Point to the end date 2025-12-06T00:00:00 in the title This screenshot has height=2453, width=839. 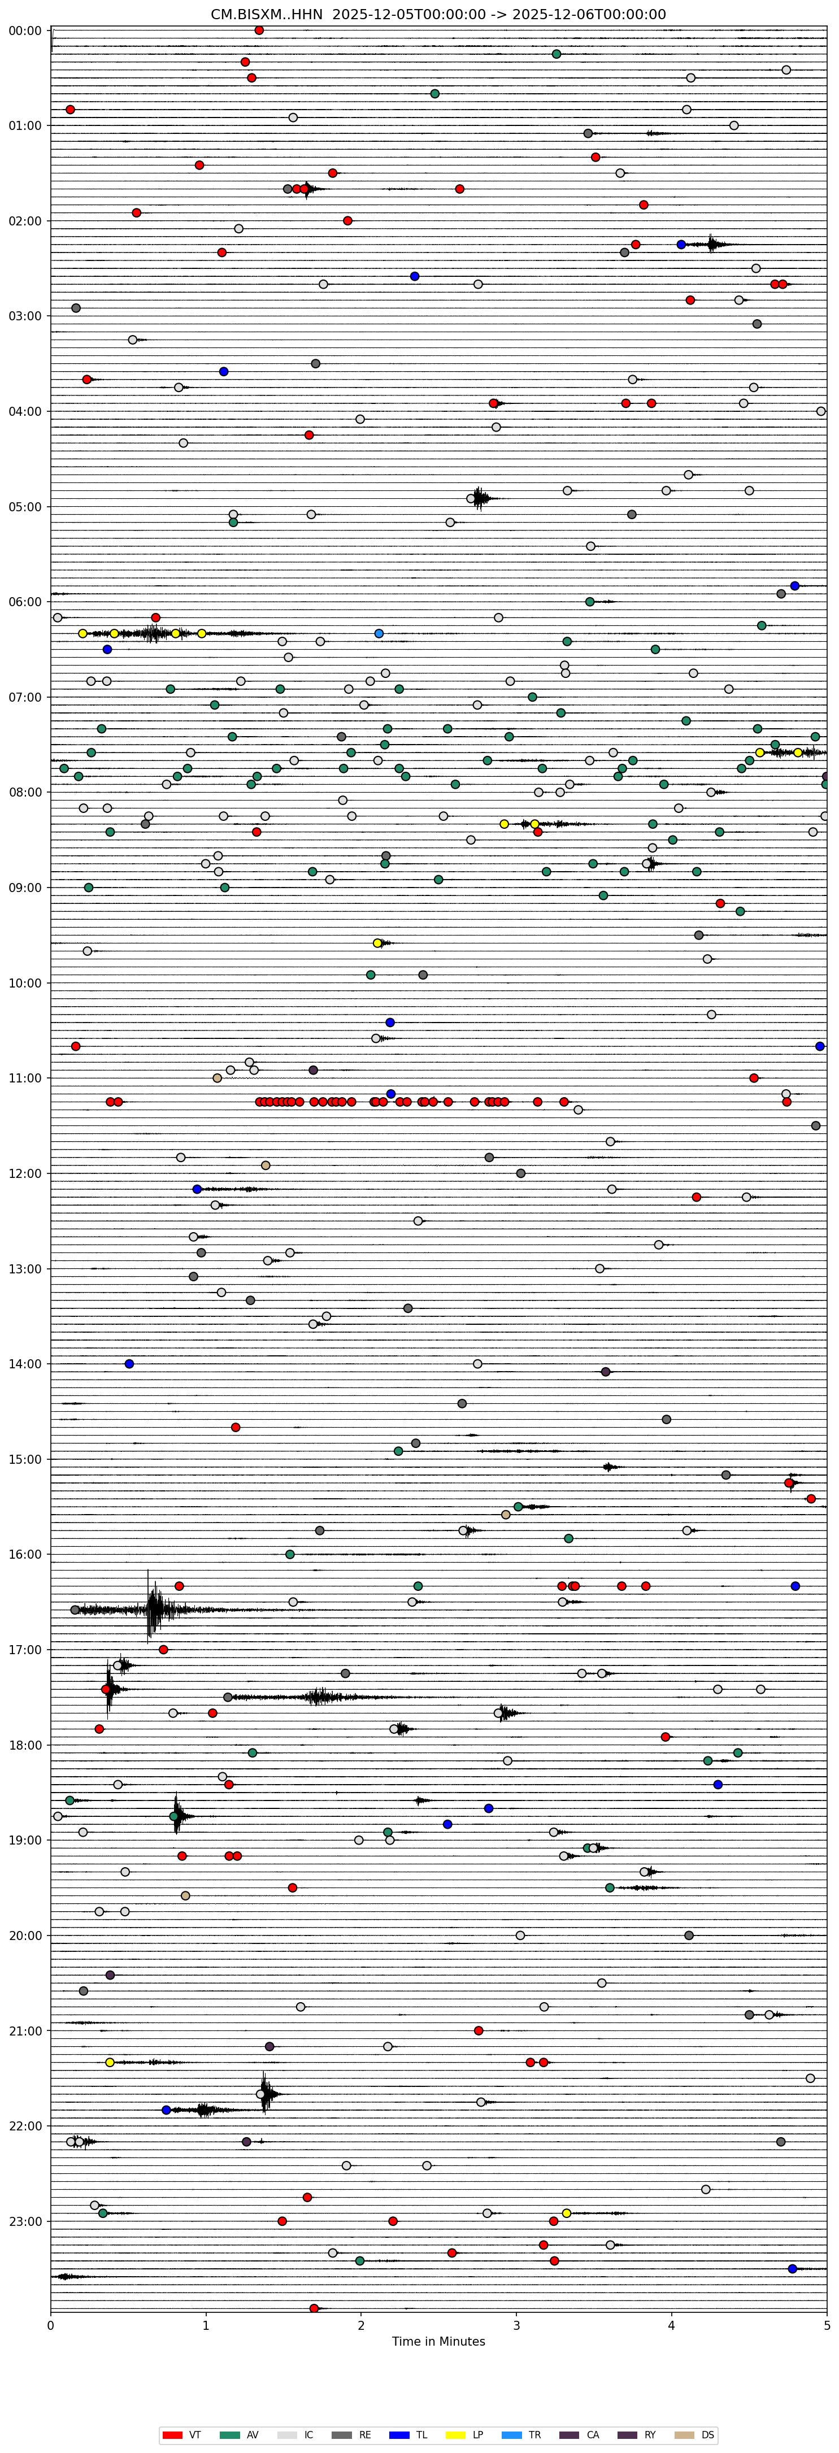[589, 14]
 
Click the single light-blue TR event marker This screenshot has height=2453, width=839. [379, 633]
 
